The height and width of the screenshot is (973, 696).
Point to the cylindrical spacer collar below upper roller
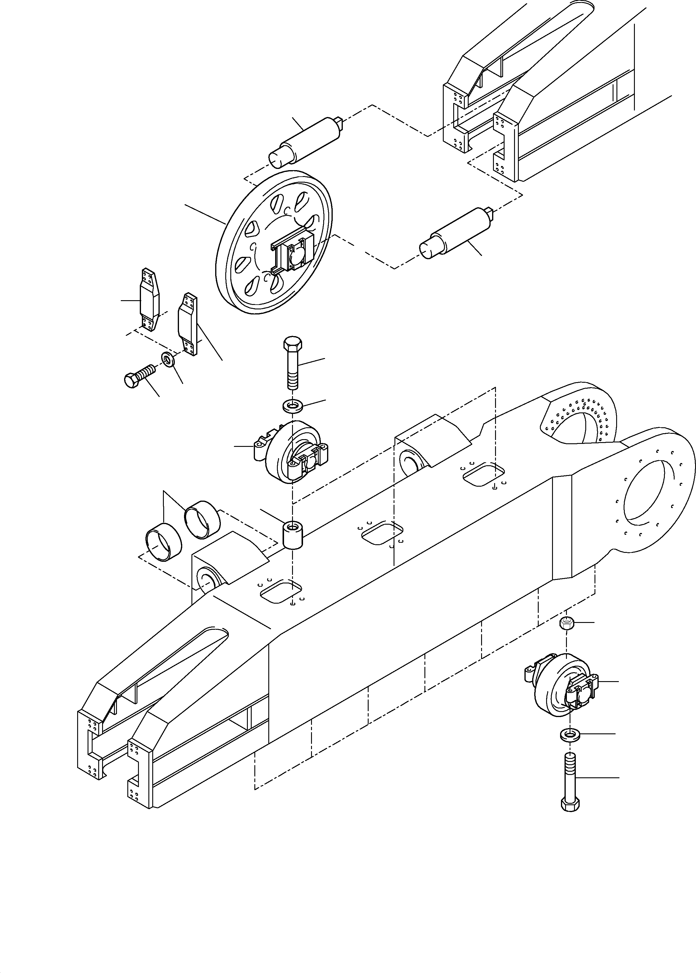coord(293,535)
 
